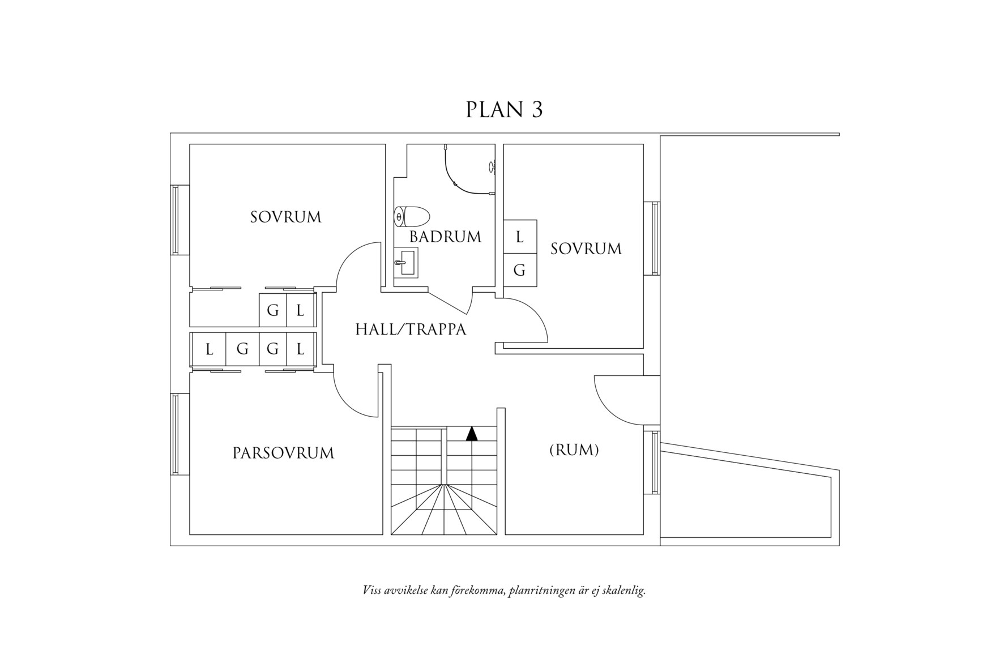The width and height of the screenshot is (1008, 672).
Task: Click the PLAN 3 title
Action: pyautogui.click(x=504, y=110)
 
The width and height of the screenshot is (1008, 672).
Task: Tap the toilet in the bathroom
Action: pyautogui.click(x=412, y=216)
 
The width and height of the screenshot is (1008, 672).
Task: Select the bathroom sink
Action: pyautogui.click(x=406, y=263)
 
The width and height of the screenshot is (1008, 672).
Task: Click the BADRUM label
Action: pyautogui.click(x=445, y=237)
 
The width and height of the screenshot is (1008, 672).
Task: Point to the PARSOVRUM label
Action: pyautogui.click(x=283, y=453)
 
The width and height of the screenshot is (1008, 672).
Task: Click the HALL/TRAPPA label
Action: pyautogui.click(x=411, y=329)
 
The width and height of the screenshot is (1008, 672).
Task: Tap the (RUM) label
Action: pyautogui.click(x=574, y=450)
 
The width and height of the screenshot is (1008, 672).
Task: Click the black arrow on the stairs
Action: pyautogui.click(x=472, y=434)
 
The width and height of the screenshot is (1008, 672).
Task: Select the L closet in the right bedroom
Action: pyautogui.click(x=519, y=237)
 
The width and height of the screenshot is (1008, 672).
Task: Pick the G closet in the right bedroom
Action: pyautogui.click(x=519, y=271)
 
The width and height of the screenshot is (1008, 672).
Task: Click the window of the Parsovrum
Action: pyautogui.click(x=176, y=434)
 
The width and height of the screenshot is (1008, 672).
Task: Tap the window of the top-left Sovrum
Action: pyautogui.click(x=176, y=220)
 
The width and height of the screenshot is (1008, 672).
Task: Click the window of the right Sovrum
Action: pyautogui.click(x=655, y=238)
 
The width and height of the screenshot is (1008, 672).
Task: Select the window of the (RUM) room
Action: pyautogui.click(x=655, y=463)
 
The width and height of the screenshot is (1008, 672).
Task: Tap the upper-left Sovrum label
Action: pyautogui.click(x=285, y=217)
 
